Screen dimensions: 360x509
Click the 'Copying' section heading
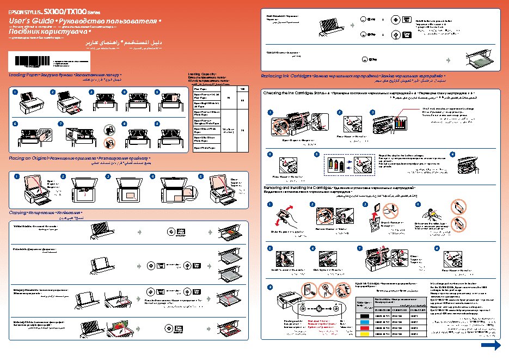click(20, 211)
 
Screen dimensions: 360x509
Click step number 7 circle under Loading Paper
click(60, 124)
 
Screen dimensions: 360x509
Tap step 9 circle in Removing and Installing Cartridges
click(269, 288)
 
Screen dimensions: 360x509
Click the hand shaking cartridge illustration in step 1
click(285, 217)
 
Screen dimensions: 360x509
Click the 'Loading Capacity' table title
click(201, 74)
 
